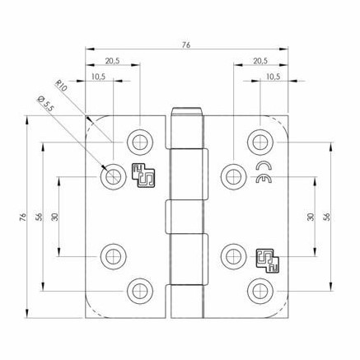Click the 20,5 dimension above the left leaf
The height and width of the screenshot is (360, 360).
pyautogui.click(x=111, y=61)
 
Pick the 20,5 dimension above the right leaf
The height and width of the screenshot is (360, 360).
pyautogui.click(x=260, y=61)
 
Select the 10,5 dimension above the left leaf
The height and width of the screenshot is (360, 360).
pyautogui.click(x=97, y=77)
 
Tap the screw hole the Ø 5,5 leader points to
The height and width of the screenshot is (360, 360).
pyautogui.click(x=110, y=176)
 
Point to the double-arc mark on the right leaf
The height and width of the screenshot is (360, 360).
pyautogui.click(x=264, y=174)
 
